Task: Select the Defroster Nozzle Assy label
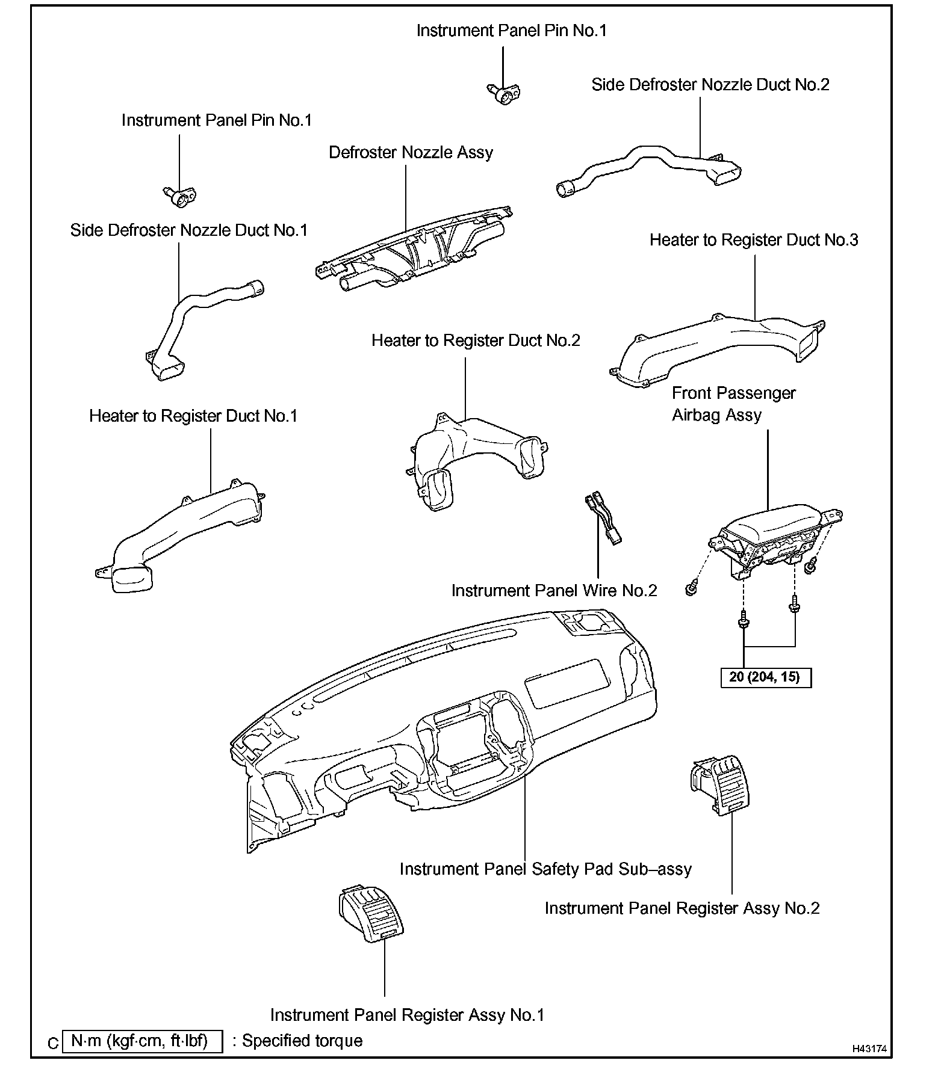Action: point(411,153)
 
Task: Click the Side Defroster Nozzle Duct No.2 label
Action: point(710,85)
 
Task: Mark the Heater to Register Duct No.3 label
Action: point(753,241)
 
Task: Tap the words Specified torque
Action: point(302,1041)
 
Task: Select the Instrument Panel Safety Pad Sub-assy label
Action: point(545,869)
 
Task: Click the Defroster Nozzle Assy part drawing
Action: point(415,253)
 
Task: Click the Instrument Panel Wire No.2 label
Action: point(554,591)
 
